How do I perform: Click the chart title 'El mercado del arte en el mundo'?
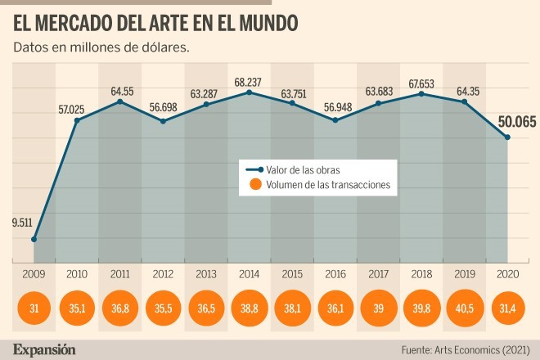[x=155, y=20]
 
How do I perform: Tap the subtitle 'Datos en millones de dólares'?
[x=101, y=47]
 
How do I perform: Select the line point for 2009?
[x=34, y=240]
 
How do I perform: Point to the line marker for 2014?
[x=250, y=92]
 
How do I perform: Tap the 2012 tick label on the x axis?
[x=164, y=275]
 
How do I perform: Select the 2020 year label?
[x=507, y=275]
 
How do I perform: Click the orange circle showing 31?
[x=34, y=308]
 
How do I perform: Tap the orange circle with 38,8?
[x=250, y=308]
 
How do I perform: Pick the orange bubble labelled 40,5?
[x=465, y=308]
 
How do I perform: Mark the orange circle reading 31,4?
[x=507, y=308]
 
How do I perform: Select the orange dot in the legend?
[x=254, y=186]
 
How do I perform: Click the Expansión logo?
[x=44, y=349]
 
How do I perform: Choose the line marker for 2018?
[x=421, y=94]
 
